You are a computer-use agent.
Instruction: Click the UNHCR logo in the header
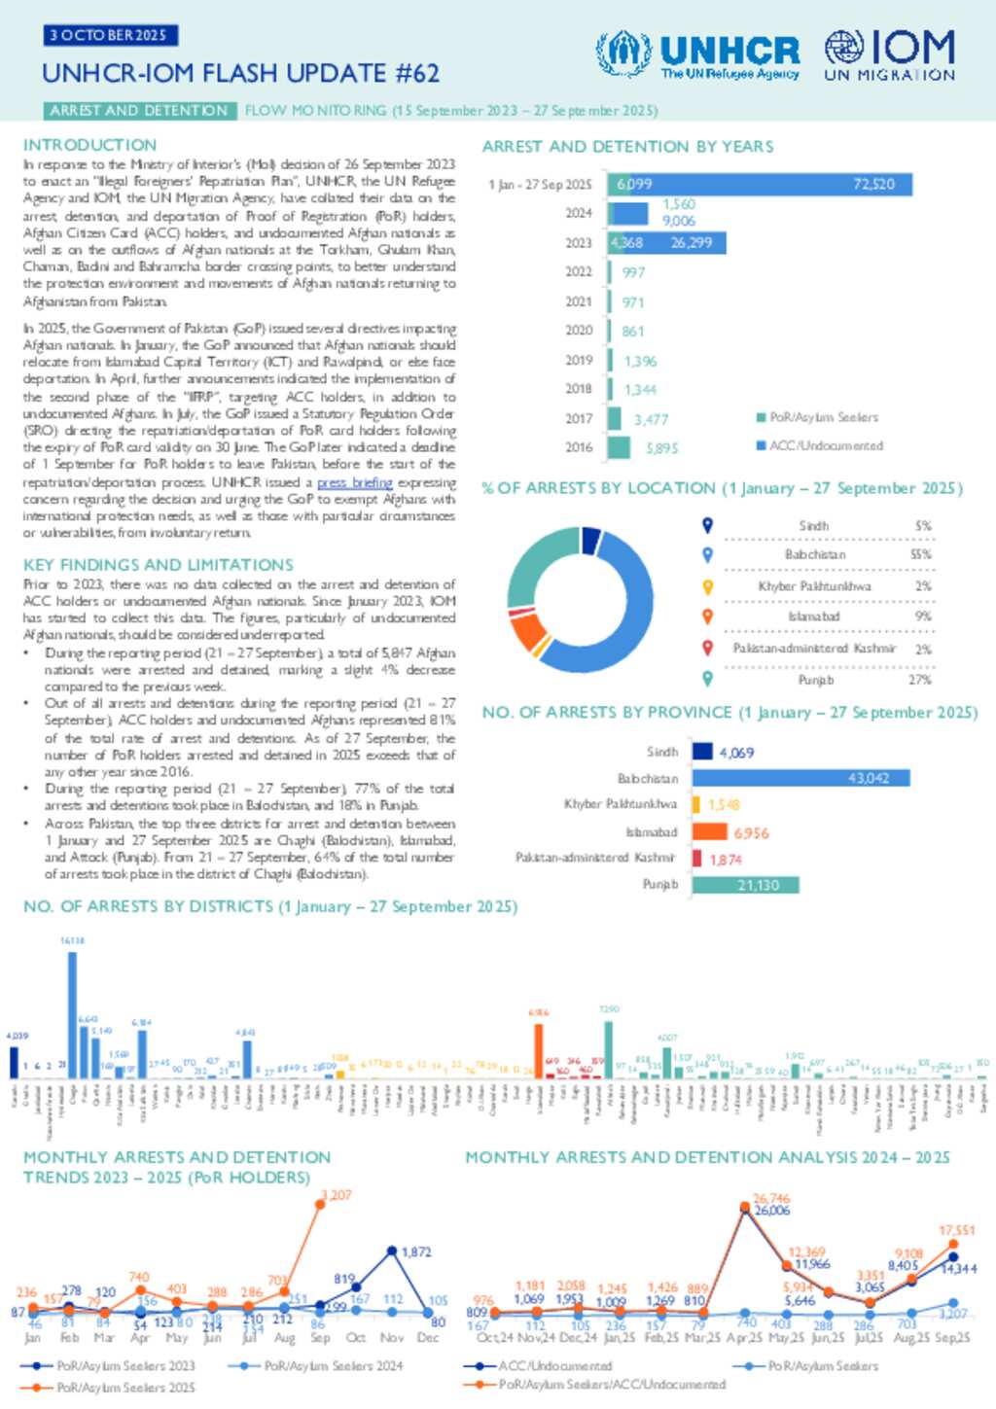(697, 54)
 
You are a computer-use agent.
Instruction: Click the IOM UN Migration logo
(889, 54)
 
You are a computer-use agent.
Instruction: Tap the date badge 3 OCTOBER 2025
(110, 36)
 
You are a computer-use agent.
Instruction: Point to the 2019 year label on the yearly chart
(579, 360)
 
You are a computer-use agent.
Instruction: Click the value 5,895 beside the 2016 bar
(662, 448)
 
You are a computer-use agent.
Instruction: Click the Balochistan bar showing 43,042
(800, 778)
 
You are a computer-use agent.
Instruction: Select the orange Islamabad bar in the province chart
(709, 831)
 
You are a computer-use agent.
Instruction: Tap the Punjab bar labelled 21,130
(744, 885)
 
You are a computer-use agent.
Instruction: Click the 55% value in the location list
(920, 554)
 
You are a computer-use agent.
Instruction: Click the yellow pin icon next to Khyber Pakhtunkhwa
(708, 586)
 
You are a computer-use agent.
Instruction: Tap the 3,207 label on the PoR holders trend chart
(337, 1194)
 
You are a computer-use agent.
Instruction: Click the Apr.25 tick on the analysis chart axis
(745, 1338)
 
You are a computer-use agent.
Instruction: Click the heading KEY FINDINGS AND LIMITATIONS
(158, 565)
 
